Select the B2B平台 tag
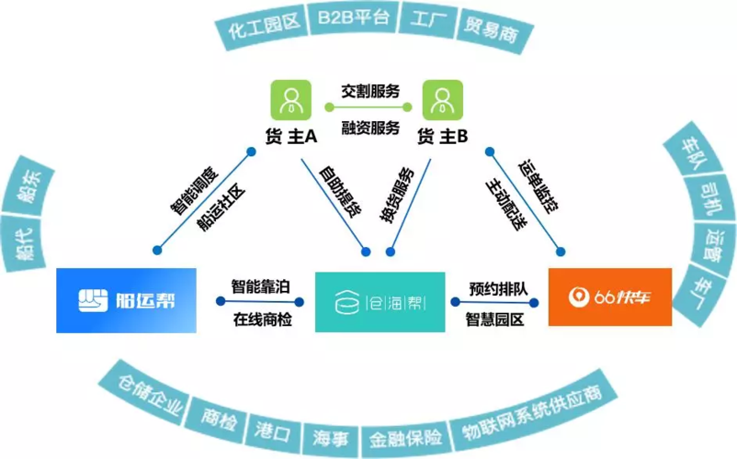353,17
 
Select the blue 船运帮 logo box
126,300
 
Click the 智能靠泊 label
261,286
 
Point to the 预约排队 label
498,288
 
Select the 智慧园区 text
496,319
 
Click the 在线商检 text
262,320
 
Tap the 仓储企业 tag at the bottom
149,397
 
